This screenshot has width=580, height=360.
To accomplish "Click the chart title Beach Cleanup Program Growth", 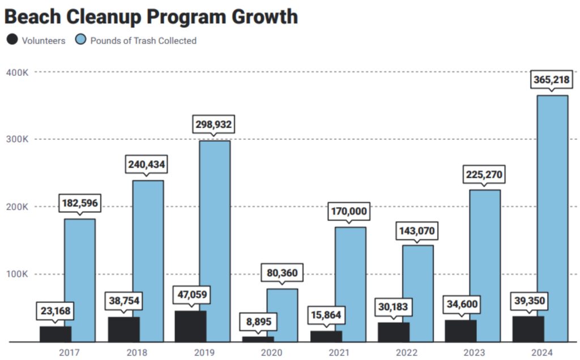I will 151,16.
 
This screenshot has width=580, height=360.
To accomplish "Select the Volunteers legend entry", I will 36,40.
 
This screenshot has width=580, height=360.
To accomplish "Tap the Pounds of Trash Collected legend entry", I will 136,40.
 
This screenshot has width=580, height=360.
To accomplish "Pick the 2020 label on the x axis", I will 272,352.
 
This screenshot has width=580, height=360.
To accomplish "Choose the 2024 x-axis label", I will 543,352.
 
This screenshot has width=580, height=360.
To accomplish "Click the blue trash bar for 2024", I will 552,218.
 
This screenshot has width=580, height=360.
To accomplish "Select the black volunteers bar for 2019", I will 190,326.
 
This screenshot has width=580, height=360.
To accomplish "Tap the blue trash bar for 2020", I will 282,315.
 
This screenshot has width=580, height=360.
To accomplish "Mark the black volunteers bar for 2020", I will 258,339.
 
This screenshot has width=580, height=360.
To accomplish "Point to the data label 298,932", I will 214,125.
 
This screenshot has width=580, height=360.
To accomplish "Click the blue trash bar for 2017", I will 79,280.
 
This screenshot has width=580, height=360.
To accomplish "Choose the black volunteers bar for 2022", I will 393,332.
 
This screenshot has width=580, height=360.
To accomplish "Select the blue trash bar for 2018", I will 147,261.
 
